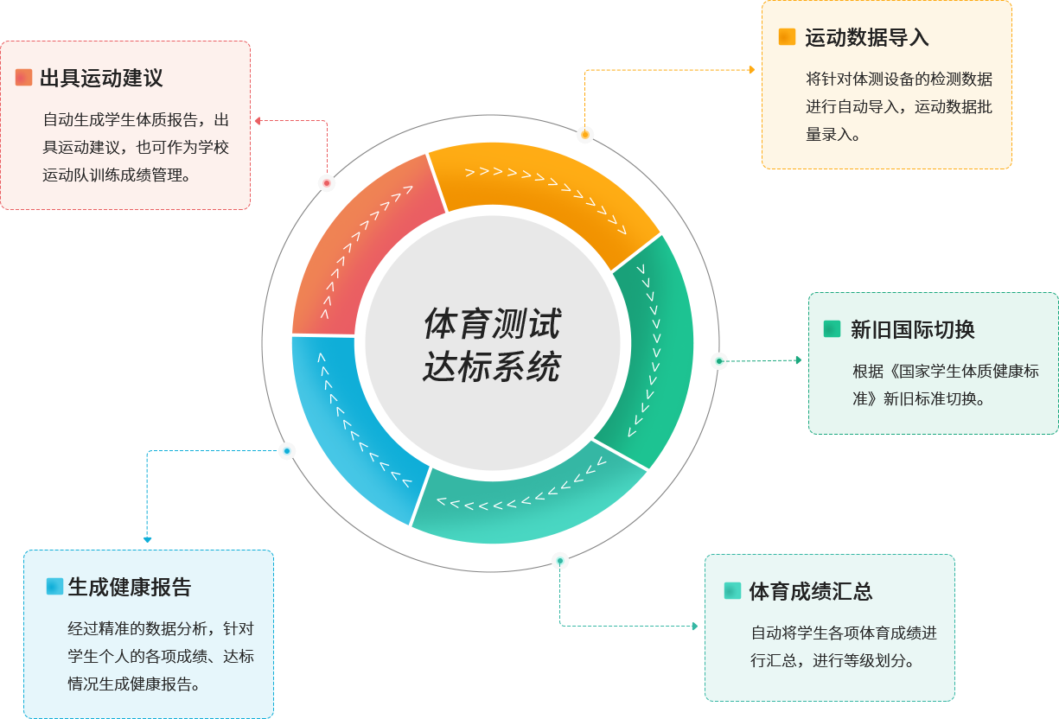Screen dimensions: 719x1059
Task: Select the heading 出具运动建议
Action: coord(101,79)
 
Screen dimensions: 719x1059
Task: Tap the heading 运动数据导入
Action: coord(866,38)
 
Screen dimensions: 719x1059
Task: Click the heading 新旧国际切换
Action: coord(912,329)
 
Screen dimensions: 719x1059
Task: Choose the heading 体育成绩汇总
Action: coord(810,592)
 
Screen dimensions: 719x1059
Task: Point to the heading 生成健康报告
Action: coord(129,588)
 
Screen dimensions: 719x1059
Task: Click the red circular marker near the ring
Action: coord(327,183)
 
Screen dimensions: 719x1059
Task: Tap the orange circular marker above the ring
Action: coord(585,135)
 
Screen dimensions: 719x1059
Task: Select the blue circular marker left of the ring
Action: coord(287,451)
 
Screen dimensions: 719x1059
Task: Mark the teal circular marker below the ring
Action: coord(560,561)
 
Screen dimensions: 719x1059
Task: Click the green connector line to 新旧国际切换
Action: coord(761,360)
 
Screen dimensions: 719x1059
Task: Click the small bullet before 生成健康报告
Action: coord(54,587)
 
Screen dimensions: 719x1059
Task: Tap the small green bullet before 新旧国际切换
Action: coord(832,328)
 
